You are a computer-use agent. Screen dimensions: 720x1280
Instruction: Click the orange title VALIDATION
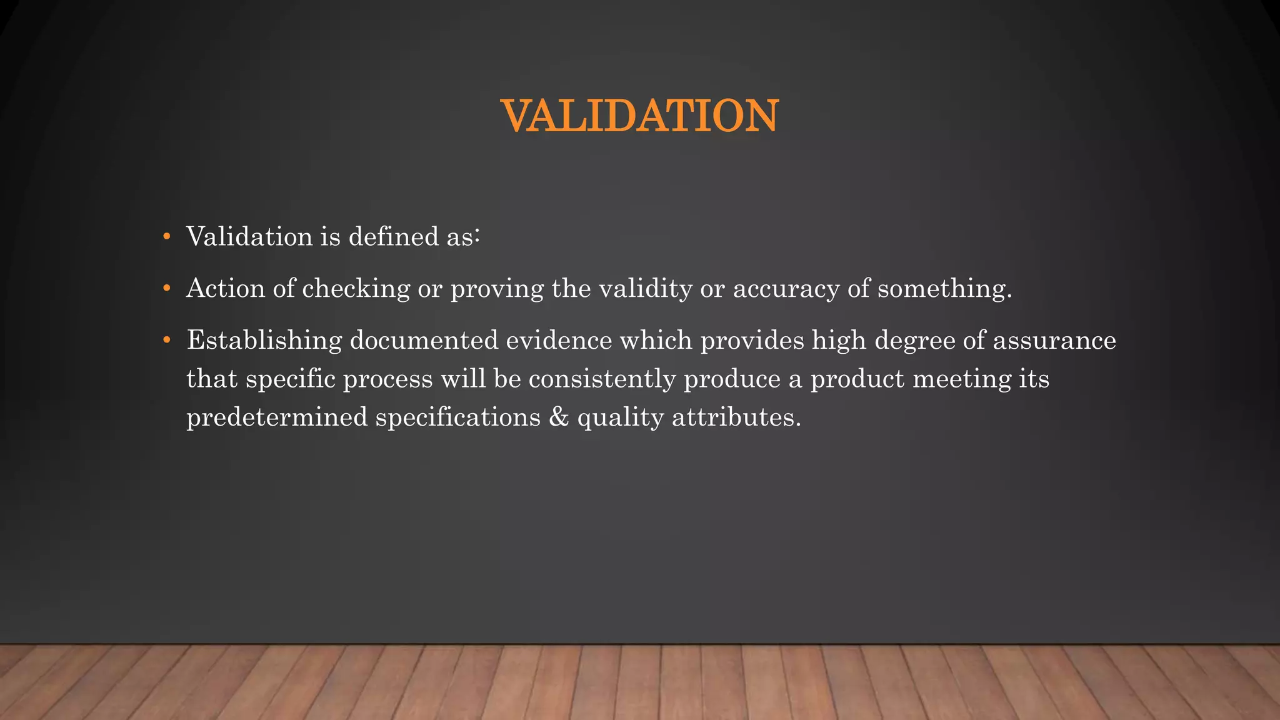640,116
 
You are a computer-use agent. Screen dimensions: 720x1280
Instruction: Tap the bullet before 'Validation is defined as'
166,237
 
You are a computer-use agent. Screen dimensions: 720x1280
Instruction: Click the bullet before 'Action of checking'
166,289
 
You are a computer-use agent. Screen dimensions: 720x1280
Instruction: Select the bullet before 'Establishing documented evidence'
166,341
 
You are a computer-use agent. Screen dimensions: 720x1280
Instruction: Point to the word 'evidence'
559,341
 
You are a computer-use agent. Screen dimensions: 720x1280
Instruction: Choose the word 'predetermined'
277,417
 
